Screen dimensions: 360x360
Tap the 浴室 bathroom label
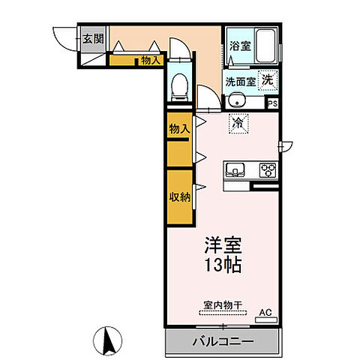[x=241, y=46]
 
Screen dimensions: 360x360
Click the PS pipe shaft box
[x=272, y=103]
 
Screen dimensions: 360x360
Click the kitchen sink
[x=235, y=169]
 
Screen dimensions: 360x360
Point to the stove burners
[x=268, y=169]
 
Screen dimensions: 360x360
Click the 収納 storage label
[x=178, y=196]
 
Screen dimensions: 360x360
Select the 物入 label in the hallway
[x=150, y=60]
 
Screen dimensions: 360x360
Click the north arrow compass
[x=109, y=343]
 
